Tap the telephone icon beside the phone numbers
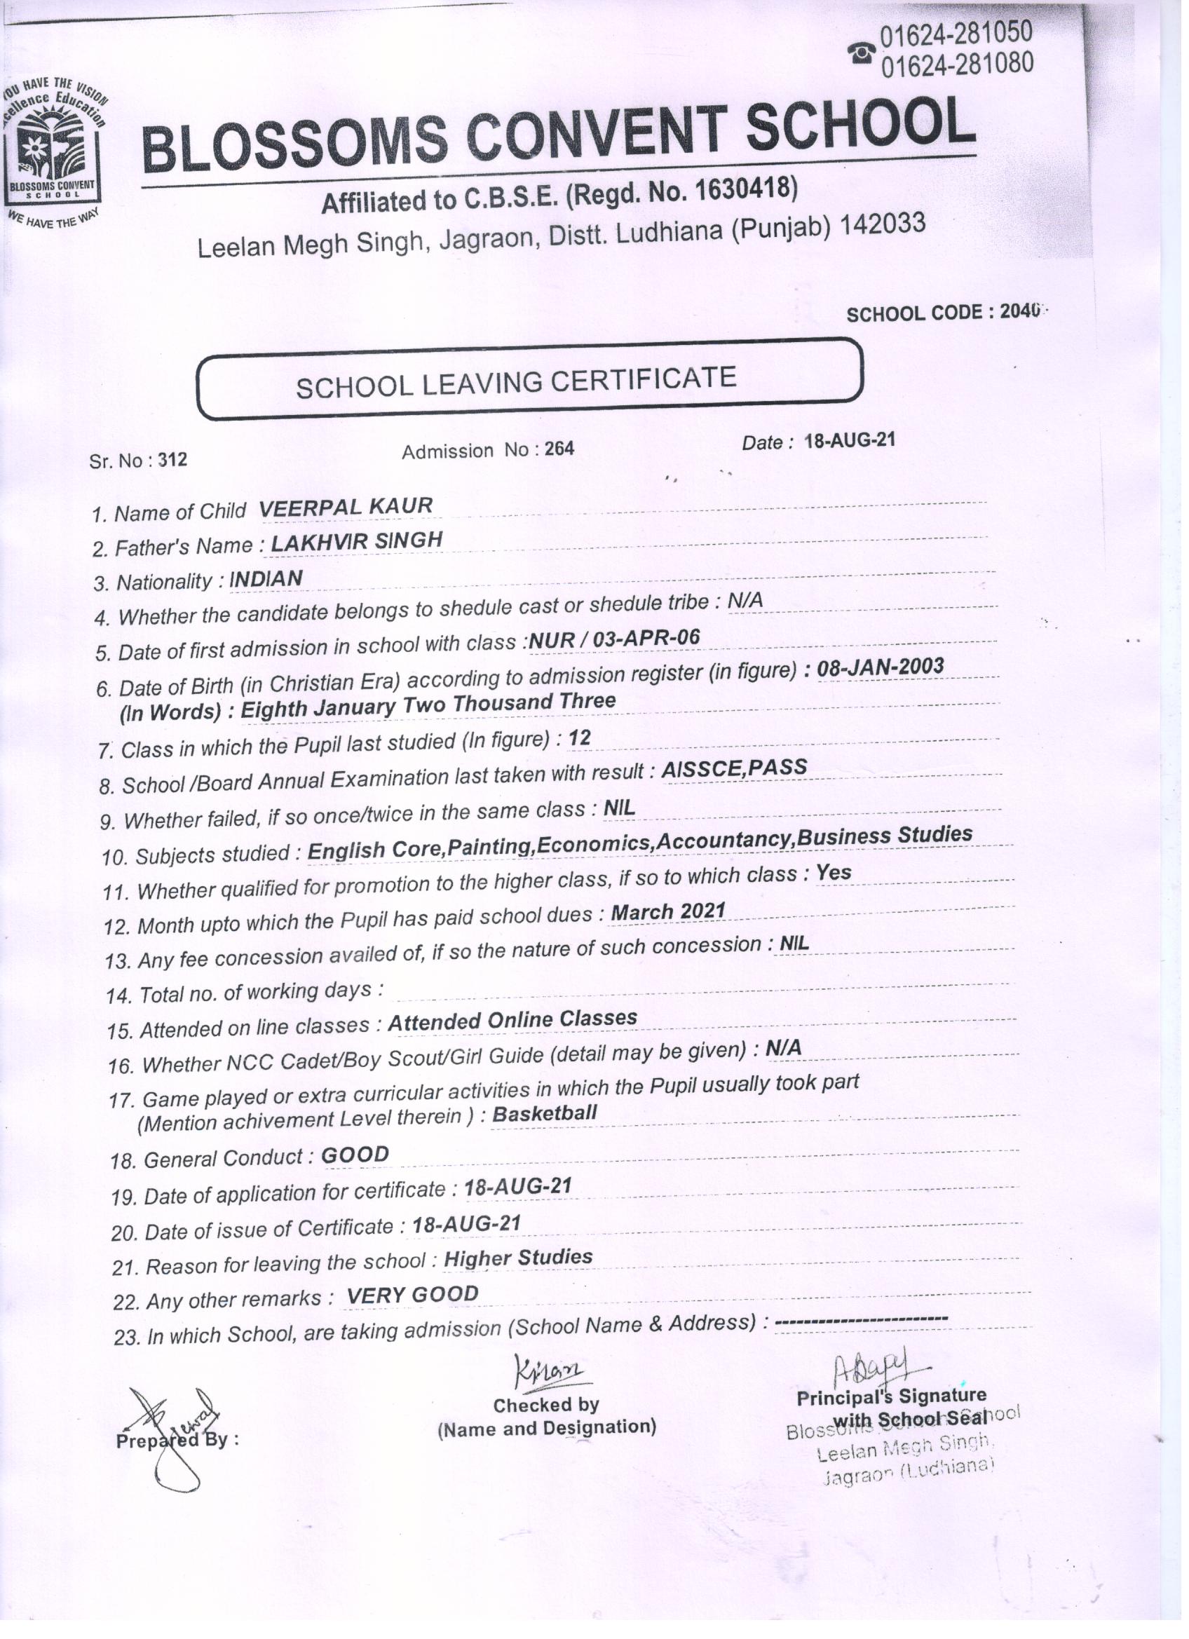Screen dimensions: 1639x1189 pyautogui.click(x=863, y=52)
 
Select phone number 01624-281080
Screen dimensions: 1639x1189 pyautogui.click(x=956, y=64)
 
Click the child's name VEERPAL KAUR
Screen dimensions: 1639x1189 pyautogui.click(x=346, y=508)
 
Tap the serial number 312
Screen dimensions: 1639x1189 pyautogui.click(x=172, y=460)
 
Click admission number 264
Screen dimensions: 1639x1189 pyautogui.click(x=559, y=449)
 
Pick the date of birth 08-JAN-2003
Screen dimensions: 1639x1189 pyautogui.click(x=880, y=667)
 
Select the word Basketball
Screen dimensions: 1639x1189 pyautogui.click(x=544, y=1113)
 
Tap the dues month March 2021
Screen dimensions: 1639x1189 pyautogui.click(x=668, y=911)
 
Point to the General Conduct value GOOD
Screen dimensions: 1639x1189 pyautogui.click(x=355, y=1155)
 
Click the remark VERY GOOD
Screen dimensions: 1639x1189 pyautogui.click(x=412, y=1294)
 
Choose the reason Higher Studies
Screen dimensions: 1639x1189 pyautogui.click(x=517, y=1258)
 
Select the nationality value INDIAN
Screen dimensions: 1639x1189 pyautogui.click(x=265, y=579)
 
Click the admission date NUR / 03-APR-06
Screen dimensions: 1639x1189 pyautogui.click(x=614, y=637)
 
